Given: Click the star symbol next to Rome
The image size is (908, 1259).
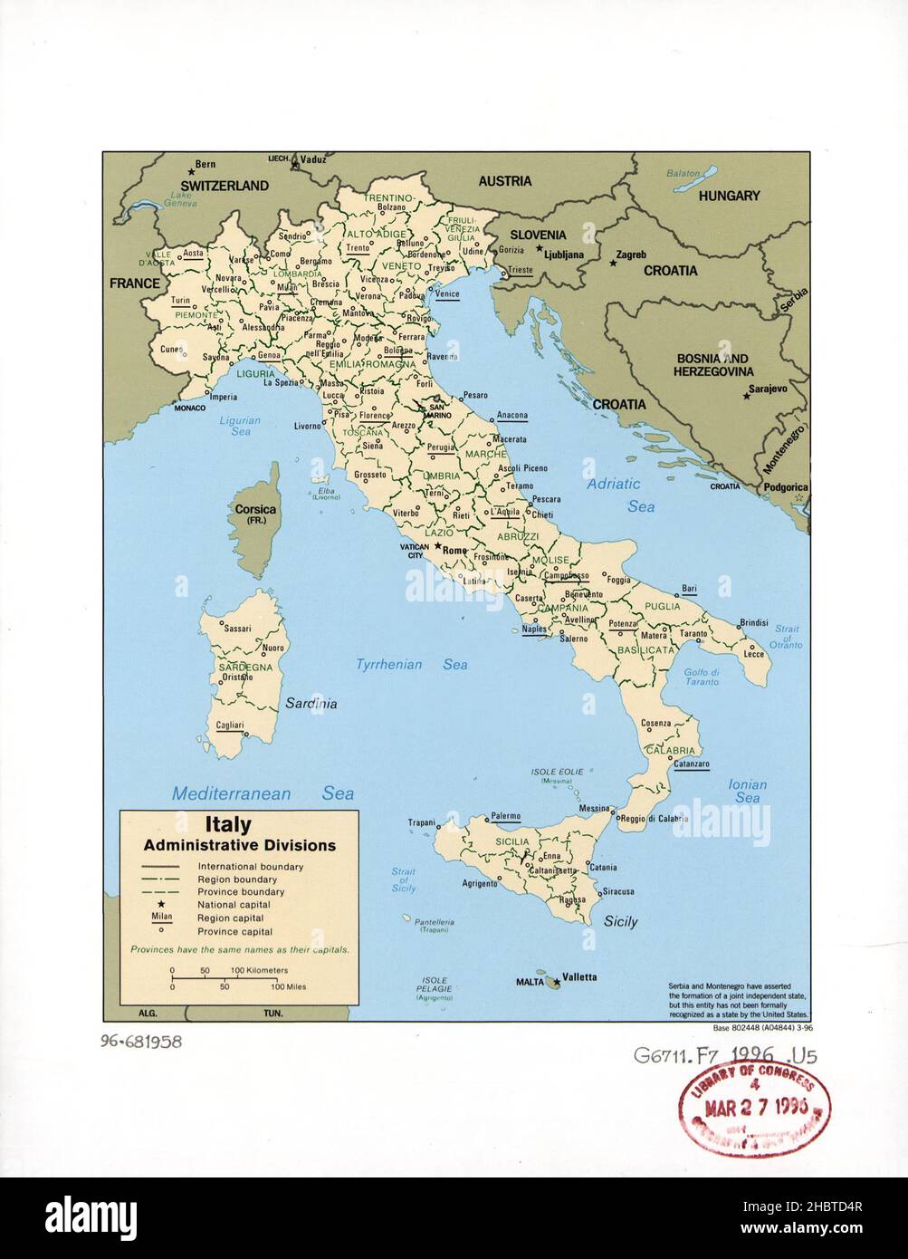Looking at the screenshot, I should tap(437, 547).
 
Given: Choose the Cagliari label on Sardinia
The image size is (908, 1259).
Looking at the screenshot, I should tap(230, 726).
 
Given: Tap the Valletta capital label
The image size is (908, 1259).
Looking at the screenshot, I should tap(579, 976).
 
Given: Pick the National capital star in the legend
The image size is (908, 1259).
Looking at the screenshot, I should tap(160, 904).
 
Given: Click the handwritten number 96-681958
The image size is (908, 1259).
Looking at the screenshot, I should tap(141, 1042).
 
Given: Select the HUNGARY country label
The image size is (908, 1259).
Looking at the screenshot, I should tap(729, 196).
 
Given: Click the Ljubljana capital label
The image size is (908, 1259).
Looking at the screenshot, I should tap(564, 255).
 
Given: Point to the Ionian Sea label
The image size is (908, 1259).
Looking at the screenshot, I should tap(747, 791).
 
